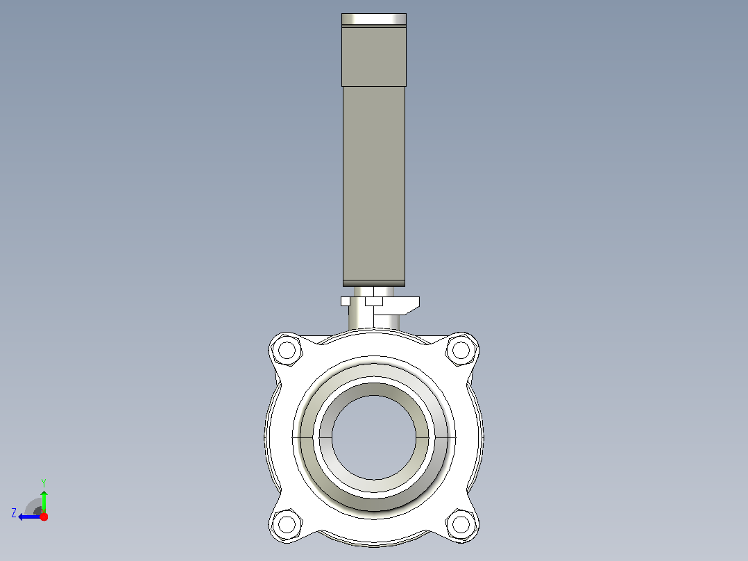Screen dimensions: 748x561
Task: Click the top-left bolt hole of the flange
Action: click(287, 350)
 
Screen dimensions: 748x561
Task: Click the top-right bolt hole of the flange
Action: click(461, 350)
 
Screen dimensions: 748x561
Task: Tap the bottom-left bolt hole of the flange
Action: click(287, 525)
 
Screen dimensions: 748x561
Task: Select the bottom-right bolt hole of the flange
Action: click(461, 525)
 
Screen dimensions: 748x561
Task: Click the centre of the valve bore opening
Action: click(374, 437)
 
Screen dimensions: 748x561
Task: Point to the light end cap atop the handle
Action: click(374, 19)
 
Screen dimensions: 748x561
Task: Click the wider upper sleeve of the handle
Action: click(374, 56)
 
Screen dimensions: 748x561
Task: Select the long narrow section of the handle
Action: click(374, 183)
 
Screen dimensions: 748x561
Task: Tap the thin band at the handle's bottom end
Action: click(374, 283)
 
